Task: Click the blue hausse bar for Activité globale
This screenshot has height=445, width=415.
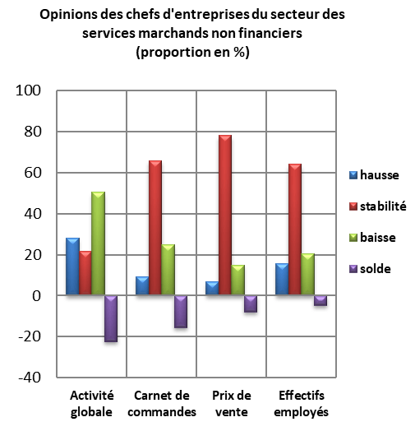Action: (71, 267)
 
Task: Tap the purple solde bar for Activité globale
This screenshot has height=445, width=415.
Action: (110, 318)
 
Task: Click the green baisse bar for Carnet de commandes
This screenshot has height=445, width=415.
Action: (168, 270)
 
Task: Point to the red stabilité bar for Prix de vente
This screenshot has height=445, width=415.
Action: (224, 216)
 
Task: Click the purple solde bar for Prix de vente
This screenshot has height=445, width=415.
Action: (250, 304)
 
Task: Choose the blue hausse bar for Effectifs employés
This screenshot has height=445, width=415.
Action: (282, 279)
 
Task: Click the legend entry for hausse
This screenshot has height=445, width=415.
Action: (371, 174)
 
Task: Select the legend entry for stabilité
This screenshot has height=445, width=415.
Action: (377, 206)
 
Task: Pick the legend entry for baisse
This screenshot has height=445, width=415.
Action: (372, 237)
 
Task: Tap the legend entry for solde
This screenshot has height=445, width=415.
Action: (370, 268)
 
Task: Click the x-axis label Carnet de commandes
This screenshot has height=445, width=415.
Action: (164, 404)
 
